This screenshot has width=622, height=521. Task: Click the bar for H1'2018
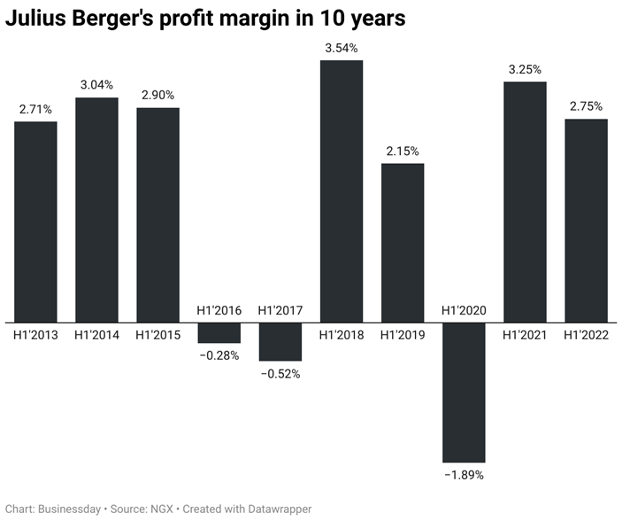pyautogui.click(x=342, y=191)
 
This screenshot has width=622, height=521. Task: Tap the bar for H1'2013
pyautogui.click(x=35, y=222)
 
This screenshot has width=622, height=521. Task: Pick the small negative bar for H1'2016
pyautogui.click(x=219, y=332)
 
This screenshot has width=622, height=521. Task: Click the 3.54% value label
pyautogui.click(x=342, y=48)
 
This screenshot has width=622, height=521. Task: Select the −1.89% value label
pyautogui.click(x=464, y=475)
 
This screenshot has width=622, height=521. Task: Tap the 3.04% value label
pyautogui.click(x=96, y=85)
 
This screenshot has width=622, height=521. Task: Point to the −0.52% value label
pyautogui.click(x=280, y=374)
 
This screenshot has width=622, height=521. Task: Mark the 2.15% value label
pyautogui.click(x=403, y=152)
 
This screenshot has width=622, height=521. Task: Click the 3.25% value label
pyautogui.click(x=525, y=69)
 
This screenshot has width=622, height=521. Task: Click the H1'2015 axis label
pyautogui.click(x=157, y=335)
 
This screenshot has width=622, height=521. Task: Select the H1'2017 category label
pyautogui.click(x=280, y=310)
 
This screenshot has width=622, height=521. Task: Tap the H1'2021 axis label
pyautogui.click(x=525, y=335)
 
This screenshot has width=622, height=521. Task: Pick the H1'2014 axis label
pyautogui.click(x=96, y=335)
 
